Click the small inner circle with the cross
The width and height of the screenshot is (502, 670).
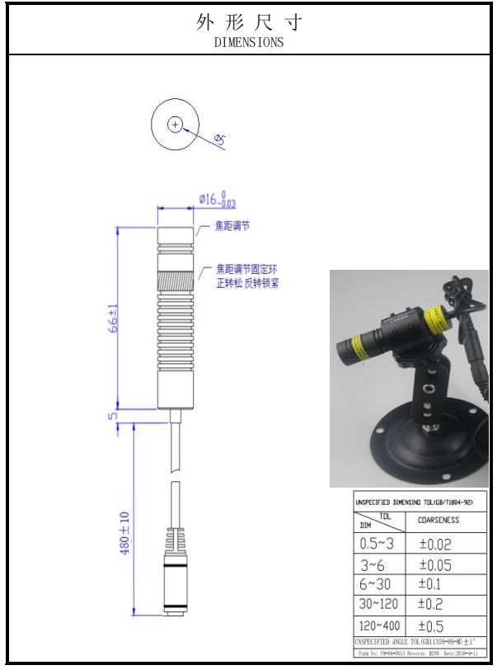point(175,124)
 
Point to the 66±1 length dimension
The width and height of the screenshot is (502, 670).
point(114,317)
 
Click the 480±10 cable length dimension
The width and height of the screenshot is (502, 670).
point(124,533)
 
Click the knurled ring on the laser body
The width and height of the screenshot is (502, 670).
point(175,281)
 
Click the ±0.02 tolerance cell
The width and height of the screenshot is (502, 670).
point(436,544)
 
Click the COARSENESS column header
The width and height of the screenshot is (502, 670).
point(439,520)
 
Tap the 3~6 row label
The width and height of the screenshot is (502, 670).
point(373,564)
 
